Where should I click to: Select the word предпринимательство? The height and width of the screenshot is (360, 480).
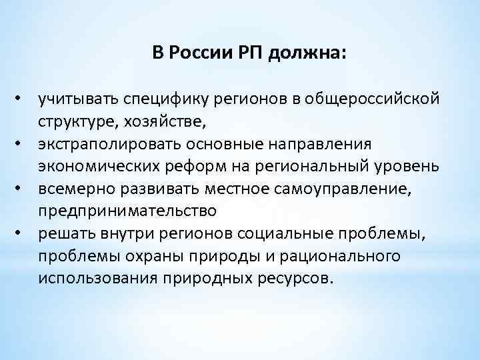[127, 211]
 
